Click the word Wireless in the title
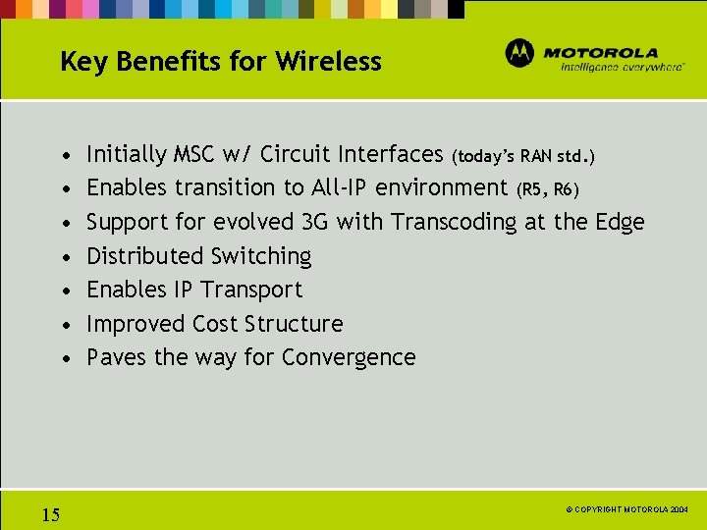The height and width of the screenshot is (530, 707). tap(328, 62)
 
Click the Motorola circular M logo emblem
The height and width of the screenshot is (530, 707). tap(519, 53)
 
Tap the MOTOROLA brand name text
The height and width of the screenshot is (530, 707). tap(600, 52)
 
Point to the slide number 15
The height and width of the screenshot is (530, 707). tap(51, 514)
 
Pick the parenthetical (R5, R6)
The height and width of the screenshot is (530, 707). tap(552, 188)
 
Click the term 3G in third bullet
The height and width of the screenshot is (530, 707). tap(315, 222)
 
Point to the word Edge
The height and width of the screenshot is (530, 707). tap(620, 223)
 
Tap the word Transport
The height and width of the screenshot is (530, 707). tap(251, 291)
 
